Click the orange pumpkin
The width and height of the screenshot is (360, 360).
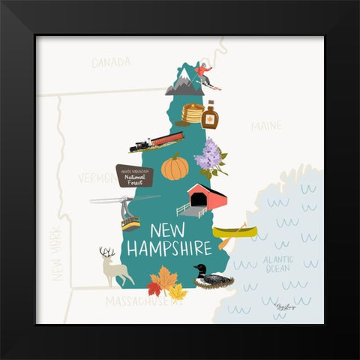(175, 168)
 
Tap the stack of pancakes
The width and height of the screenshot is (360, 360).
(193, 114)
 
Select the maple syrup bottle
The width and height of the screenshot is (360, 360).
(210, 115)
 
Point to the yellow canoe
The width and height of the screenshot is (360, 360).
(234, 232)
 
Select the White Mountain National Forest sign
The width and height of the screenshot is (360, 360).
(134, 175)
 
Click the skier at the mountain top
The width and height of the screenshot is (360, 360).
(202, 73)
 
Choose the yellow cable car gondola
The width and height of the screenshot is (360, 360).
(130, 218)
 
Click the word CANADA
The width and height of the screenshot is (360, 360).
(111, 62)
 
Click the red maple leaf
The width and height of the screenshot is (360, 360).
(156, 287)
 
